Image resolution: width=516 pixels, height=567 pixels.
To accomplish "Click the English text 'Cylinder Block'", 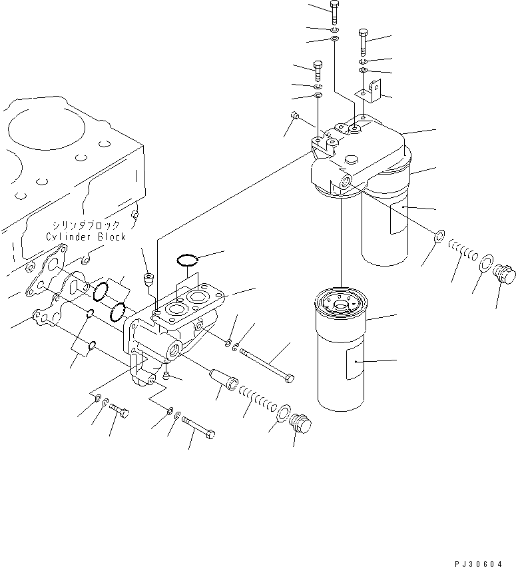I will [85, 237].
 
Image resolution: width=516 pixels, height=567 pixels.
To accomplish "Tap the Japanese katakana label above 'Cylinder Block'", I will [86, 225].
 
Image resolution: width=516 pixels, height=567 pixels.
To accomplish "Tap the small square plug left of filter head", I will [294, 117].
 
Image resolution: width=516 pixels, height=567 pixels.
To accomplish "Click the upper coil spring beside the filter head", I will [465, 250].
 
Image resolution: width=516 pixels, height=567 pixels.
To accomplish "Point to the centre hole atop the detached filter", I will [344, 305].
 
